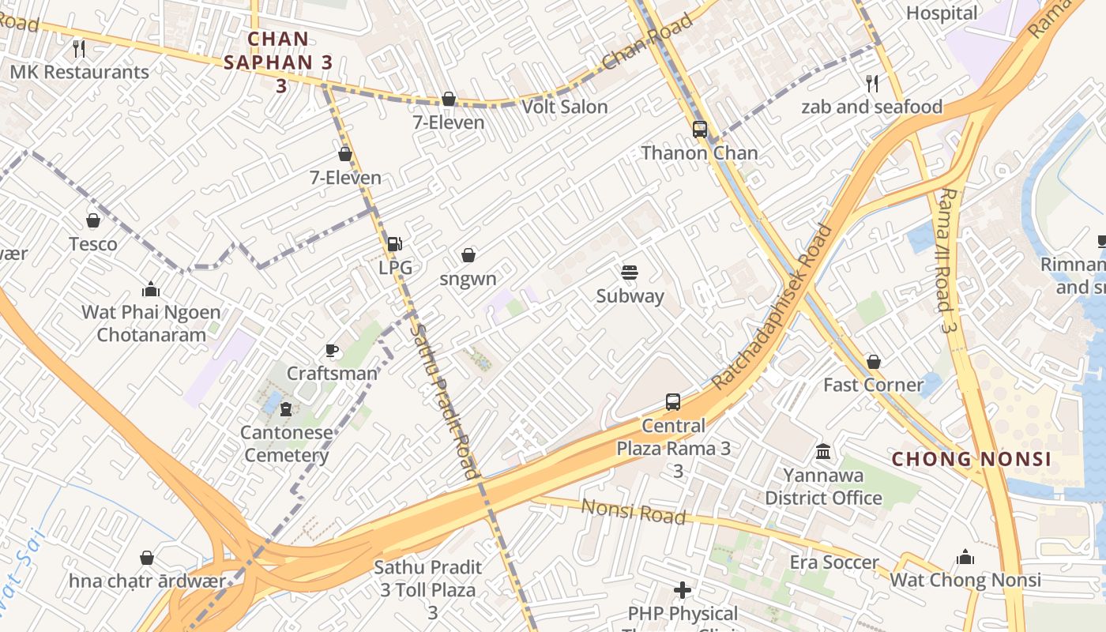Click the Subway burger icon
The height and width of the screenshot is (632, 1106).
630,273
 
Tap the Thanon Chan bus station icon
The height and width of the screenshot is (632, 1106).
699,130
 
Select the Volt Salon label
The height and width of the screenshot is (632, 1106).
565,107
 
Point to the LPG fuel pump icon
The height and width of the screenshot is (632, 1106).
394,244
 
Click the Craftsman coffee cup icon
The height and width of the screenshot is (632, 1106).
332,350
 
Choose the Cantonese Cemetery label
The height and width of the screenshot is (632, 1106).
286,444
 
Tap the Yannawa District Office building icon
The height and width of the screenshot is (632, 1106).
823,452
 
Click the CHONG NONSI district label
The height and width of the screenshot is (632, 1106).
972,459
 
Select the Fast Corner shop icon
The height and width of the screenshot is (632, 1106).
873,362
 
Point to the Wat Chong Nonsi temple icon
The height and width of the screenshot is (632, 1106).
965,557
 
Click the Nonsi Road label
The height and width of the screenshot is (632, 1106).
634,511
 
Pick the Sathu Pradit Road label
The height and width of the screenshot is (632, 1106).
446,401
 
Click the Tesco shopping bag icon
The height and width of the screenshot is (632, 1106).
93,220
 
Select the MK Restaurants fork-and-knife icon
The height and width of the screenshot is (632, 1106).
78,49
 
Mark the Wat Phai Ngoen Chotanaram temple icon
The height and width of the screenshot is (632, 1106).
150,289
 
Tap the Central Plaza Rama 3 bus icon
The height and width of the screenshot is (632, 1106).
673,402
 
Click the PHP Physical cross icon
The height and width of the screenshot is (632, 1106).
683,590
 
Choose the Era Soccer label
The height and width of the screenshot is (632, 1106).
834,562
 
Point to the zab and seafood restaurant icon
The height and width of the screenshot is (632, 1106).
872,83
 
